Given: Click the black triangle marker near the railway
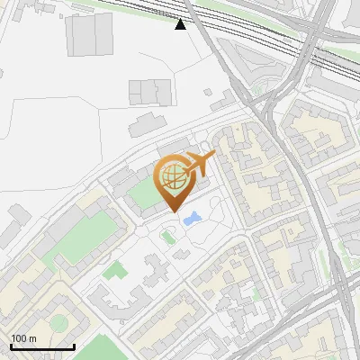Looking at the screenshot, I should pos(181,23).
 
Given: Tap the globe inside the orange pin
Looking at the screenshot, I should pos(173,177).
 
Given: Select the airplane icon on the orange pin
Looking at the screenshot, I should pos(200,163).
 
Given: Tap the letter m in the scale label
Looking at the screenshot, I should pos(33,338).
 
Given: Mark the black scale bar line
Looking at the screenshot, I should pos(42,346).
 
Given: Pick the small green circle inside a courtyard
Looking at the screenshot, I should pos(58,322).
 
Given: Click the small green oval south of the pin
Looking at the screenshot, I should pos(166,237).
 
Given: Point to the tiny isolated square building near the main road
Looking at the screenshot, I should pos(209,92).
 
